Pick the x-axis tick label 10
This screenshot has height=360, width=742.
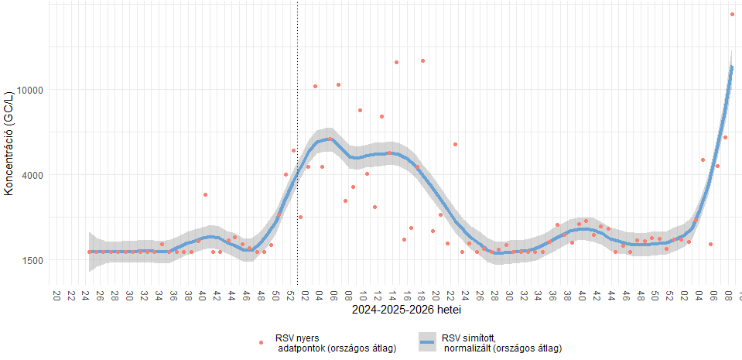(x=363, y=295)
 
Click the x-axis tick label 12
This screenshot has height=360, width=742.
(x=378, y=295)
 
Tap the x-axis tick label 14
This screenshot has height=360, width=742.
(x=392, y=295)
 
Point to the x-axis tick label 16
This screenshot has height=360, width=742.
(x=407, y=295)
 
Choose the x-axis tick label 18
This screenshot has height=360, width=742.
(x=422, y=295)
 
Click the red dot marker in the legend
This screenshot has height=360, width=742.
(x=262, y=342)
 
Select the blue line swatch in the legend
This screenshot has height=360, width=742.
(x=428, y=342)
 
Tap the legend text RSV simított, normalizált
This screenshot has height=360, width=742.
(x=501, y=343)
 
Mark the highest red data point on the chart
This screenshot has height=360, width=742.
(x=731, y=14)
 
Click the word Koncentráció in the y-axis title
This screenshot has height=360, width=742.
(x=9, y=159)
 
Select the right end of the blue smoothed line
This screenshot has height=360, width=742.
(x=731, y=67)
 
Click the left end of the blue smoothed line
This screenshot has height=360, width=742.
(x=90, y=252)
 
